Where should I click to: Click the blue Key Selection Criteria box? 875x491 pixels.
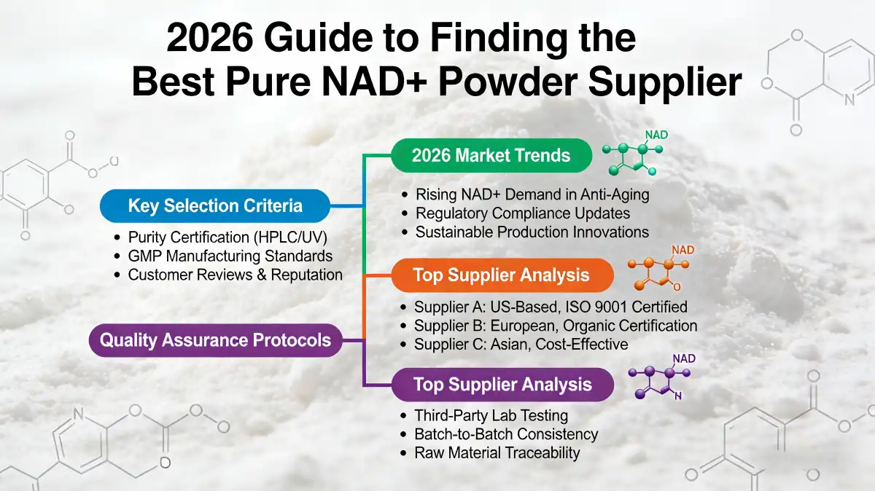(215, 205)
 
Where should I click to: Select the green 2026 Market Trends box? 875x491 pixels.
(491, 155)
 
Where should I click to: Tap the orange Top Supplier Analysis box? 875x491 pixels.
(502, 275)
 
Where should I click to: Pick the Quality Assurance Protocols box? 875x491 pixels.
(215, 340)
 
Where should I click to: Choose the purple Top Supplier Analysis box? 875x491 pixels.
(502, 385)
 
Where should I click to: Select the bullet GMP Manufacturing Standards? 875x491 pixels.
(230, 256)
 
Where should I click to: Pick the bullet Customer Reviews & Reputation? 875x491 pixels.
(235, 275)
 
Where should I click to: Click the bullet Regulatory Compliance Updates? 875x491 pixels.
(523, 213)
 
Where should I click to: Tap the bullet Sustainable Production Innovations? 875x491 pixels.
(532, 232)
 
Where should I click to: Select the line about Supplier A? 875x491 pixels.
(551, 307)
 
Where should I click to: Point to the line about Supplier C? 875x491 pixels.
(521, 344)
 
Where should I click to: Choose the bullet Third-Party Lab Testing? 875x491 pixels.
(491, 416)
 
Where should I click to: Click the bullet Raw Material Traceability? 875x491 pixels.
(497, 452)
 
